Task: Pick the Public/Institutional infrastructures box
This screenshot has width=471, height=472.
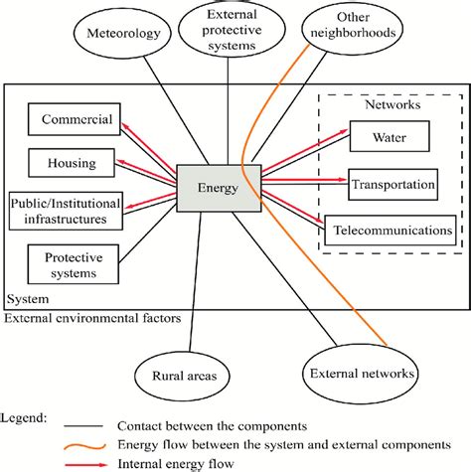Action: (66, 206)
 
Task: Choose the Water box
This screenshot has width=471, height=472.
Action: (389, 136)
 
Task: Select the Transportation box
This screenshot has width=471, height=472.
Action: (392, 184)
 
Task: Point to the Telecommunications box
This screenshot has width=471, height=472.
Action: (392, 230)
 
